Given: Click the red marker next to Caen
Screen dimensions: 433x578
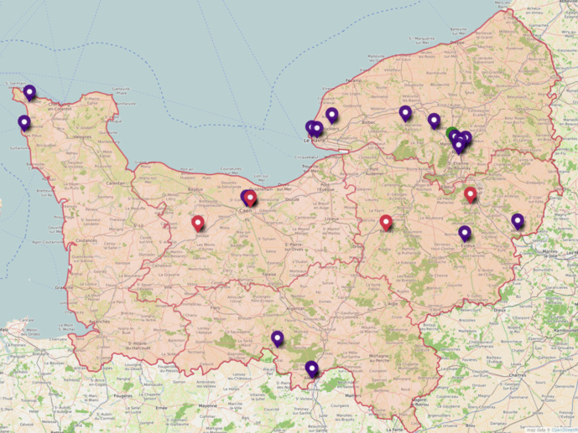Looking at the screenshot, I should pyautogui.click(x=250, y=198).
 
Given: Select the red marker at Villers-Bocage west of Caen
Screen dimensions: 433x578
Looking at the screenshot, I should pyautogui.click(x=198, y=223).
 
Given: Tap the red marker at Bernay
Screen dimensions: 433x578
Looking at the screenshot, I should pyautogui.click(x=386, y=222).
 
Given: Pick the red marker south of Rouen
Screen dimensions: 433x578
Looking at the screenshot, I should pyautogui.click(x=471, y=194).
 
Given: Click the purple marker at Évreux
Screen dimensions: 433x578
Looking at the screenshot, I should pyautogui.click(x=465, y=233).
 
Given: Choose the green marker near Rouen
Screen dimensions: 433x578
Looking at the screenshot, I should pyautogui.click(x=453, y=133).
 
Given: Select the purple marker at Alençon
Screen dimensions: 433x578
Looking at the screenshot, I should pyautogui.click(x=312, y=369).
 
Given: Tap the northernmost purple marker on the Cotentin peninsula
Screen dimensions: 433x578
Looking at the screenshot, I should pyautogui.click(x=29, y=91).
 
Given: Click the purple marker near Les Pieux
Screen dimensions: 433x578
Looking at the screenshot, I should pyautogui.click(x=24, y=122).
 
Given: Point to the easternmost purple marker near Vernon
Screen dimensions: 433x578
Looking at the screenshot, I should pyautogui.click(x=518, y=221).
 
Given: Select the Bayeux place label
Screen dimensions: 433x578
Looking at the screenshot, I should pyautogui.click(x=196, y=189).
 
